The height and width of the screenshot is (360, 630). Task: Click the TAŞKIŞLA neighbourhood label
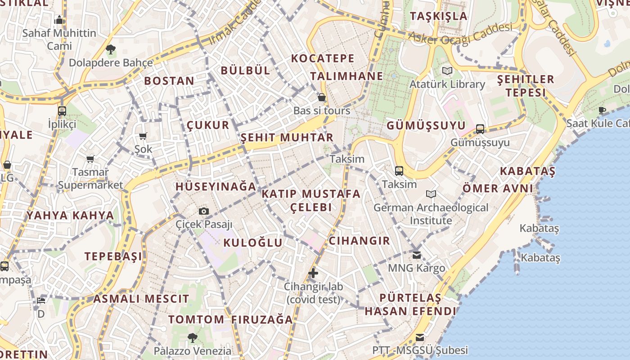coord(439,16)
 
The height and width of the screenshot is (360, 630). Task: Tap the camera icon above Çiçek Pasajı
coord(204,211)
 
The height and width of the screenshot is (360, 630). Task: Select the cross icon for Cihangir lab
coord(313,273)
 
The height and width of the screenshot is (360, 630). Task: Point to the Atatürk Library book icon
coord(447,71)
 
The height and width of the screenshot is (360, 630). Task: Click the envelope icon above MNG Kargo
coord(417,255)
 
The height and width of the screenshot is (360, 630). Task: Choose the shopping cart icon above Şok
coord(143,136)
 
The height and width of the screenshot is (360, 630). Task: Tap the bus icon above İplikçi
coord(62,111)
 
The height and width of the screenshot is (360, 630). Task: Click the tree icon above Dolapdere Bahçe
coord(110,49)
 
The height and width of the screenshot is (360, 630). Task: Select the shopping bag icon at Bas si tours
coord(322,97)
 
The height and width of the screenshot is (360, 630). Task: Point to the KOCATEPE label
coord(323,58)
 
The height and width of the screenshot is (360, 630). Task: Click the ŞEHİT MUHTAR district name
coord(287,138)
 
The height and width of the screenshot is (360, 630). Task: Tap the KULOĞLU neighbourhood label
coord(253,243)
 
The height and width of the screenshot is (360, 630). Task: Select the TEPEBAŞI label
coord(113,256)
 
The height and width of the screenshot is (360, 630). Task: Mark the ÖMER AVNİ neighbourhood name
coord(498,188)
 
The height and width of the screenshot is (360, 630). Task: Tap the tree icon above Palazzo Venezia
coord(193,337)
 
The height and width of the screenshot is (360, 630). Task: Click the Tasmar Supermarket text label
coord(90,179)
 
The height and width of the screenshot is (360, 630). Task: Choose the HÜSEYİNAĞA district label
coord(216,186)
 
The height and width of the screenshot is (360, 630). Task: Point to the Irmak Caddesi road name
coord(235,22)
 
